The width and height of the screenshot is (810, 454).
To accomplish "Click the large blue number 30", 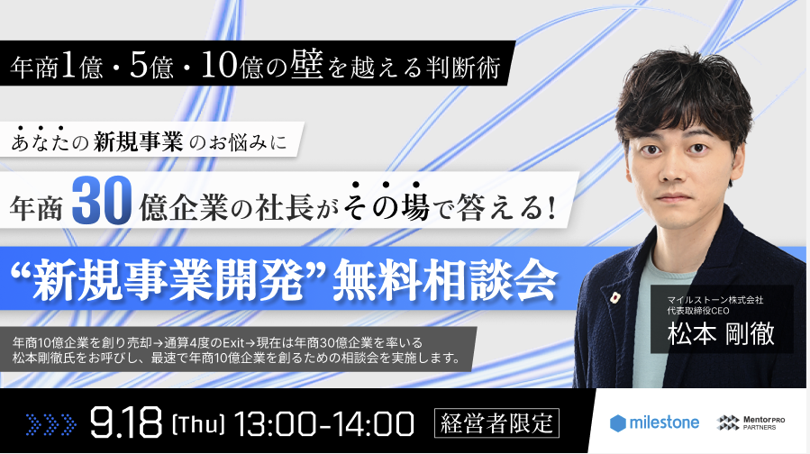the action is click(x=101, y=201).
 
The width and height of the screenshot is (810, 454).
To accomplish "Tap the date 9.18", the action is click(x=125, y=423).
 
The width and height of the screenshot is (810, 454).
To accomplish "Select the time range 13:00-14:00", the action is click(x=324, y=423).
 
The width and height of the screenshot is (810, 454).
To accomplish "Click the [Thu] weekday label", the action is click(x=198, y=424).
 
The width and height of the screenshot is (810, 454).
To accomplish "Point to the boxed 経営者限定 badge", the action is click(x=496, y=423).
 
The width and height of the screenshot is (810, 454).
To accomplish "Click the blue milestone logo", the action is click(x=654, y=423).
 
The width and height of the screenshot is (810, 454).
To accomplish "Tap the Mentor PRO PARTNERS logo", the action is click(x=751, y=422).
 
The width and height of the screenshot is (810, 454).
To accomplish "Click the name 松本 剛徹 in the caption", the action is click(x=721, y=333).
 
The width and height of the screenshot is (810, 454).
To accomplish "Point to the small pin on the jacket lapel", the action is click(x=614, y=297).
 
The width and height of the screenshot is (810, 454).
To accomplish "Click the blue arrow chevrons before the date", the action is click(x=51, y=424).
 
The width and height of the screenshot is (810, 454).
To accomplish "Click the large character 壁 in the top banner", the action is click(x=307, y=65).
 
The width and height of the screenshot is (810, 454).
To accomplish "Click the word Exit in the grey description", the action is click(x=233, y=342).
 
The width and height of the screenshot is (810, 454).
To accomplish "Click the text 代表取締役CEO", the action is click(x=698, y=311).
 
